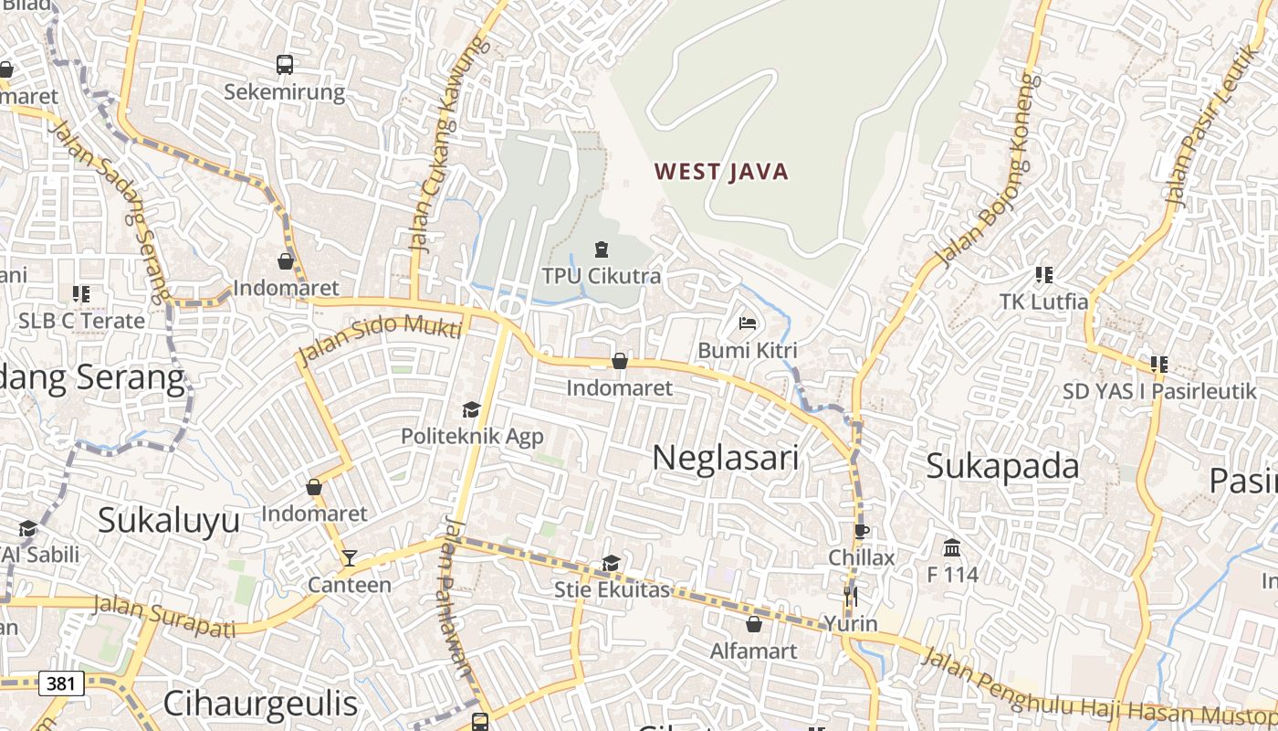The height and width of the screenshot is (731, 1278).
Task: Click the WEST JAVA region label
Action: tap(721, 172)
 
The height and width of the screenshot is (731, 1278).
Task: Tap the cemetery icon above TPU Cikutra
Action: tap(601, 249)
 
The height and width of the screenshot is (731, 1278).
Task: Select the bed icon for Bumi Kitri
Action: tap(748, 323)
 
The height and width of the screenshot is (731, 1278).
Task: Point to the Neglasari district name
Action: tap(726, 458)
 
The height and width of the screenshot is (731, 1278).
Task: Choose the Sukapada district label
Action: tap(1002, 466)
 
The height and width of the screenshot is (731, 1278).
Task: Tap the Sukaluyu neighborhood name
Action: tap(169, 520)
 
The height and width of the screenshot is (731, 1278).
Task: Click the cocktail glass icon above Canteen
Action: tap(349, 558)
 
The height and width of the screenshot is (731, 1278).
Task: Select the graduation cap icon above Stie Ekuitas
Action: tap(611, 564)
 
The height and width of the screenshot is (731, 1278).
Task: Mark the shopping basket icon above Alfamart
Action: tap(754, 624)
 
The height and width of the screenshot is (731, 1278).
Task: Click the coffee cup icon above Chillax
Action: tap(862, 531)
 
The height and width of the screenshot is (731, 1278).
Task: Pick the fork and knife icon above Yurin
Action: tap(851, 597)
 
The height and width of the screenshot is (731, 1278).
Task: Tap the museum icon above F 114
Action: tap(952, 548)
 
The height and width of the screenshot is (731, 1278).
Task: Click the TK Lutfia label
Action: tap(1043, 302)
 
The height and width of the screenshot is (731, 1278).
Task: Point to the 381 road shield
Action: tap(62, 683)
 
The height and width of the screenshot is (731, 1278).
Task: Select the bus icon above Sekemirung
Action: tap(285, 65)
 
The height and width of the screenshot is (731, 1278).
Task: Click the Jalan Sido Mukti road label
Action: tap(380, 335)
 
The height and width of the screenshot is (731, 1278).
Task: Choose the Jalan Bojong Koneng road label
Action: tap(988, 170)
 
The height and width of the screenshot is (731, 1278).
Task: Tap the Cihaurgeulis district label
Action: tap(260, 704)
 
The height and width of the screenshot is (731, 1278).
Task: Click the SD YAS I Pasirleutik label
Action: tap(1159, 391)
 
